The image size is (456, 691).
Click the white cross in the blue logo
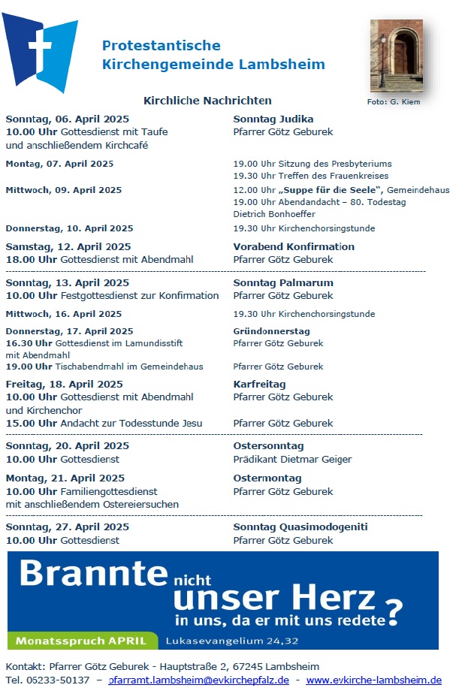coord(40,47)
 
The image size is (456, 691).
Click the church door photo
coord(396,56)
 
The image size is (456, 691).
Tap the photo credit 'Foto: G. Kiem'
coord(394,101)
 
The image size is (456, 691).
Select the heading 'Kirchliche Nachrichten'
coord(207,101)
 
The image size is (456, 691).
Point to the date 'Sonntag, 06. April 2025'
coord(67,119)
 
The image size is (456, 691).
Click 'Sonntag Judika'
coord(273,119)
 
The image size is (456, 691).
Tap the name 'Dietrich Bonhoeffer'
coord(272,213)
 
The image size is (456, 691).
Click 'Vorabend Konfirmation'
coord(294,246)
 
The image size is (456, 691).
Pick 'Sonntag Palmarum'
coord(283,282)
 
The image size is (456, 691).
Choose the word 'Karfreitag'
coord(259,384)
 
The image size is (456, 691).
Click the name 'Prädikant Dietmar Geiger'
coord(292,459)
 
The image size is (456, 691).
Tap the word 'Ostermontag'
coord(267,478)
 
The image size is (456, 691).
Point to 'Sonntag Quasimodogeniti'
coord(300,527)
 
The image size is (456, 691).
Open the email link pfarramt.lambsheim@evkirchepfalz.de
coord(199,680)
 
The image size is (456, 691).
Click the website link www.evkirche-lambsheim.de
coord(373,680)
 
